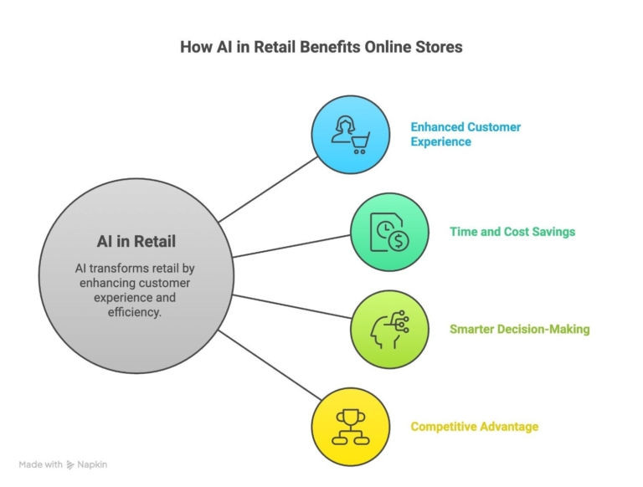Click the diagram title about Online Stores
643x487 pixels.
[321, 47]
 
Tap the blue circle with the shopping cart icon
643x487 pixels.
[351, 134]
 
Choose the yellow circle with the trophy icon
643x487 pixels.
[351, 427]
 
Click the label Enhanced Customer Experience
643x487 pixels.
[466, 134]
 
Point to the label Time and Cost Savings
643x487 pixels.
[512, 232]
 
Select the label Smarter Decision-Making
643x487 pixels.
[520, 329]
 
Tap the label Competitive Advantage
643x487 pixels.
[475, 427]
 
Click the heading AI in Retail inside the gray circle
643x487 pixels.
[136, 242]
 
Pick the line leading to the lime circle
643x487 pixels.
[289, 306]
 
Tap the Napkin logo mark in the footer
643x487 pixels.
[70, 464]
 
